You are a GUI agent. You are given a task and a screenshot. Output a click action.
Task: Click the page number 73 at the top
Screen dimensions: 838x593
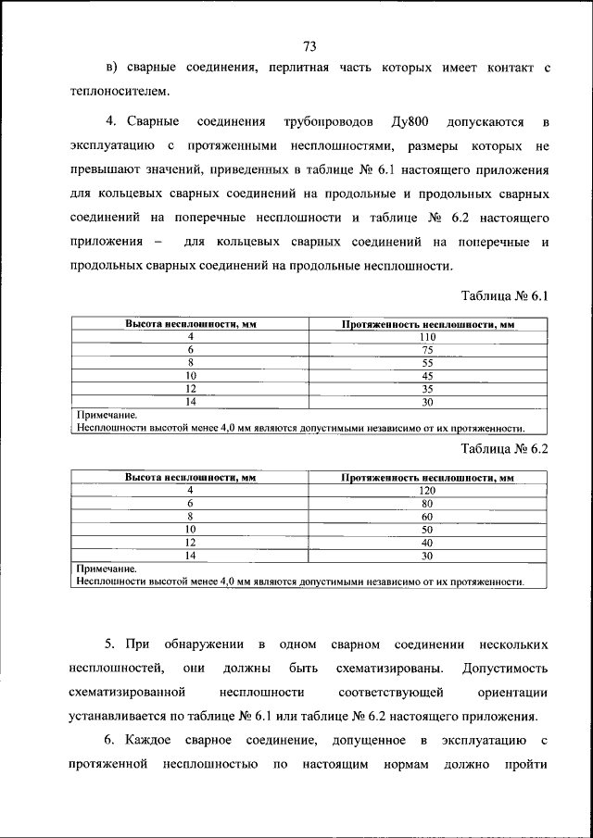[309, 47]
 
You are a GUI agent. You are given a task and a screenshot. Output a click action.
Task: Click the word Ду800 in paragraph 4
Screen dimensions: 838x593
[413, 122]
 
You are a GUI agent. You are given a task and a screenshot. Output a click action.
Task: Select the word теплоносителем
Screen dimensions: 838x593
[120, 92]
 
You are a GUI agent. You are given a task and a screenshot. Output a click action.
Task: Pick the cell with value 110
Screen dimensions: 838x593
[427, 337]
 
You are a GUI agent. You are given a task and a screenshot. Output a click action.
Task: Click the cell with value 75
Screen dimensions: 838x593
[427, 350]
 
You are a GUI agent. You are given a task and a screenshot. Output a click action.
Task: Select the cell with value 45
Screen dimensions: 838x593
[427, 376]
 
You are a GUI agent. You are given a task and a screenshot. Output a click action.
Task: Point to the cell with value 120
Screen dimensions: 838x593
[427, 490]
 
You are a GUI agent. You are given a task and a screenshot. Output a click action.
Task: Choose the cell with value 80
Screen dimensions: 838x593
[427, 504]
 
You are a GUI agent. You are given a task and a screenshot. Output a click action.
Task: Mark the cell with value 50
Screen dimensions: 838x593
[427, 530]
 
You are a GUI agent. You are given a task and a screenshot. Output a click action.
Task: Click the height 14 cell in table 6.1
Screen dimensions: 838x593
[190, 402]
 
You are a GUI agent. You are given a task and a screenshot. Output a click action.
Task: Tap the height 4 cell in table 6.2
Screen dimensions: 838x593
[190, 490]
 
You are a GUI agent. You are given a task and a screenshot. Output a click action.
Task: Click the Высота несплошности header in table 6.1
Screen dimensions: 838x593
[190, 324]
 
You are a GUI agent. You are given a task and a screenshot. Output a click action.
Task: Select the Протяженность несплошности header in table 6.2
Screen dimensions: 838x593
[427, 478]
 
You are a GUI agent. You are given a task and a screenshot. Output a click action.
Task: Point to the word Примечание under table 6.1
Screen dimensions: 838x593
[107, 416]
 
